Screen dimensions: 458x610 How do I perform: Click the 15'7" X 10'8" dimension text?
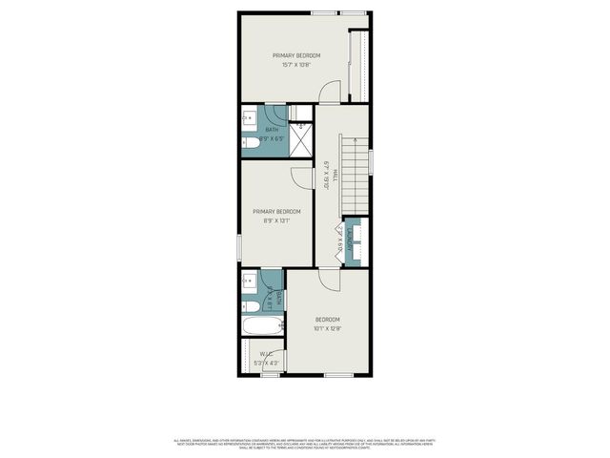click(x=300, y=65)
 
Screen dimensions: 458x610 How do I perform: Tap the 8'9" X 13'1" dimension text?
click(x=276, y=220)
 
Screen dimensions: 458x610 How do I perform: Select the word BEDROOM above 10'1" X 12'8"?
click(x=328, y=319)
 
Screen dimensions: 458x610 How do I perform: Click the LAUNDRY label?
click(x=351, y=244)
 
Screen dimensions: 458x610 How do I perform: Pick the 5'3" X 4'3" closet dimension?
click(x=266, y=363)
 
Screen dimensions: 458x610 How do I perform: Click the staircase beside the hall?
click(x=356, y=177)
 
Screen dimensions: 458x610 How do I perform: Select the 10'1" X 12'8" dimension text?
click(x=328, y=329)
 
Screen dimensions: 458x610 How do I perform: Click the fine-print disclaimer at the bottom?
click(x=305, y=444)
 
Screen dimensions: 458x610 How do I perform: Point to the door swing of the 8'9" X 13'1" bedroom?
click(x=302, y=178)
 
